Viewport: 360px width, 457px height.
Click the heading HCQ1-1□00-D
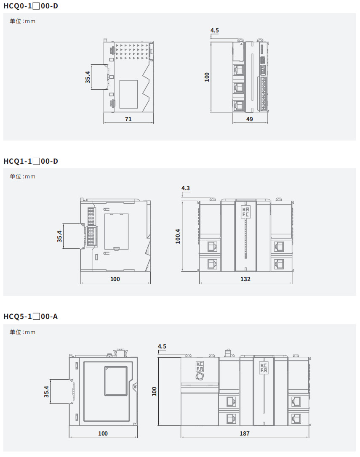pos(30,161)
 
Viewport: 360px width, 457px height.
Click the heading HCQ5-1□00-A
pos(30,316)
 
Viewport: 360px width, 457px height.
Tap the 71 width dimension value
pos(128,119)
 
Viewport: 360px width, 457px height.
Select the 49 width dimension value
pos(249,119)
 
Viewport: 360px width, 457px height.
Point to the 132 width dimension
pos(245,279)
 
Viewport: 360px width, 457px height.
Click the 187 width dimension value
pos(245,433)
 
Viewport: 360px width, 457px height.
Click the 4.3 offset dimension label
pos(186,188)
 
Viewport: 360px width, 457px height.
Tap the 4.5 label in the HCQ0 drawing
pos(215,30)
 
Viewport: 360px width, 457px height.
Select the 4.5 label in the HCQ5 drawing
pos(162,346)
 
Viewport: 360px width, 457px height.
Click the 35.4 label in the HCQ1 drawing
pos(60,236)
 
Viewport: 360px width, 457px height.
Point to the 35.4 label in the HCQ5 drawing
pos(47,391)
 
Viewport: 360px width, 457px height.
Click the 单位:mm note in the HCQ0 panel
pos(23,21)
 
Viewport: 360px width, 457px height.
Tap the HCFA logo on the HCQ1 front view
pos(245,212)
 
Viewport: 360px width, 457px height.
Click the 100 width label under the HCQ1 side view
pos(115,279)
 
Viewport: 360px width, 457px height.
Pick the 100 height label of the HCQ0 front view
pos(207,77)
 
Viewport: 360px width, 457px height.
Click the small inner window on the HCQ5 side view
pos(116,381)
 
